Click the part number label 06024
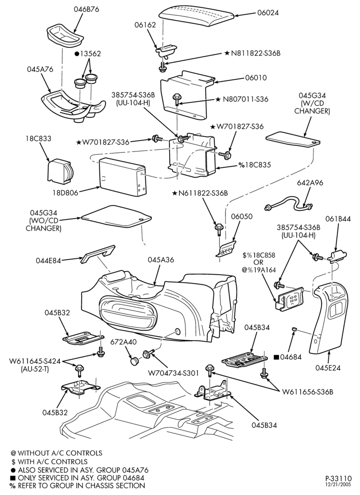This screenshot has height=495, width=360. coord(268,13)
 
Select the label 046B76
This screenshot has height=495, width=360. coord(87,9)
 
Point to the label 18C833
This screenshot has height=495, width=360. coord(39,138)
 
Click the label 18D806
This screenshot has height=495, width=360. coord(65,192)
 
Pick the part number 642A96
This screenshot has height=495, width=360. coord(310,183)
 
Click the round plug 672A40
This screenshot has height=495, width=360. coord(135,360)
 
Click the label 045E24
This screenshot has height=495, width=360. coord(328,367)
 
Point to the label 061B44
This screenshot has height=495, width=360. coord(338,218)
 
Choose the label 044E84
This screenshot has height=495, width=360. coord(48,261)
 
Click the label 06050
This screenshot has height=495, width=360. coord(242,217)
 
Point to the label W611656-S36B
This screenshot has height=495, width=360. coord(308,392)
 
